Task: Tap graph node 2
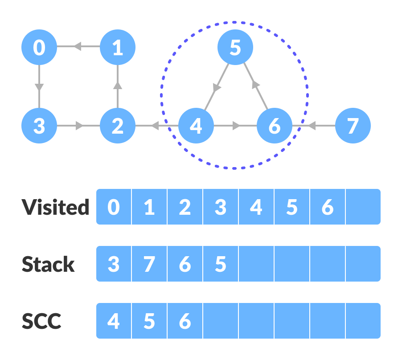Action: (117, 126)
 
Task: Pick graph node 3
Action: (39, 126)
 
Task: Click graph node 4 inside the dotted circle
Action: (196, 126)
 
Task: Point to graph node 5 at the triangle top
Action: (235, 47)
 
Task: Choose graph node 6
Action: (275, 126)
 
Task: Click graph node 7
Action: (353, 126)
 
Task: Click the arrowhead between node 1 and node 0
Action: (77, 46)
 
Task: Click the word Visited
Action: (56, 207)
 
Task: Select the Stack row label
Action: (48, 264)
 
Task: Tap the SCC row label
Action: (41, 321)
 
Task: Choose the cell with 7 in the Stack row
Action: (149, 264)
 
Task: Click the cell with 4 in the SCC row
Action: (114, 321)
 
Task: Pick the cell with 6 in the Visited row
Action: (328, 207)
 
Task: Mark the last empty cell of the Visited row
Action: (363, 207)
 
